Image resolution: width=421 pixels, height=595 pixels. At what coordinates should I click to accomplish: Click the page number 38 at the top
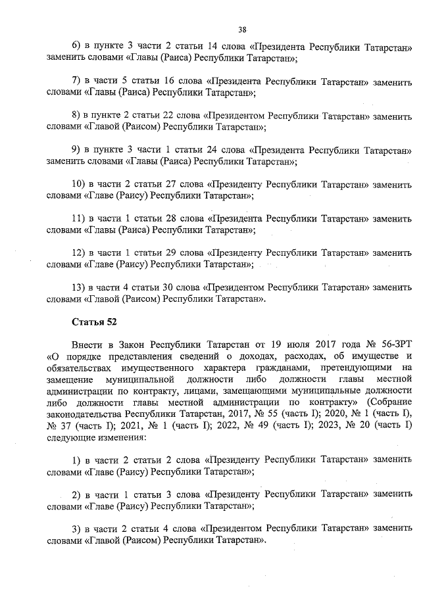(x=242, y=29)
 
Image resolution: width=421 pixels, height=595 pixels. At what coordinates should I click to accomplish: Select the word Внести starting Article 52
(x=87, y=344)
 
